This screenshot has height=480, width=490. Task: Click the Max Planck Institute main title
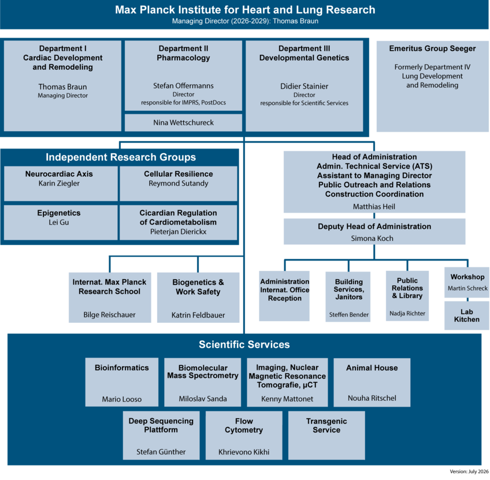[x=245, y=10]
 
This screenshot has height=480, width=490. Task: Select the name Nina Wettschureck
[x=183, y=122]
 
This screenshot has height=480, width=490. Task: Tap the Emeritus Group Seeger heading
[x=432, y=49]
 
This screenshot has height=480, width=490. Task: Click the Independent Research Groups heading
[x=121, y=157]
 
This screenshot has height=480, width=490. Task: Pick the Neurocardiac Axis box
[x=61, y=184]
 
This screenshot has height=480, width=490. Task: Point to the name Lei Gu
[x=59, y=222]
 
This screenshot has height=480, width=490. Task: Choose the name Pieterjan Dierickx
[x=178, y=232]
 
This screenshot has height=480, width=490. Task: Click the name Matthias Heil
[x=374, y=206]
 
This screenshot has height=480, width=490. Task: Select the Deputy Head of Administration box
[x=374, y=232]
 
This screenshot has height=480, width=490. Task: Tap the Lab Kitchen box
[x=466, y=315]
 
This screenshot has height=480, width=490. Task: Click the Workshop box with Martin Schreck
[x=467, y=282]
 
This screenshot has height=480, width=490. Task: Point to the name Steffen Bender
[x=349, y=315]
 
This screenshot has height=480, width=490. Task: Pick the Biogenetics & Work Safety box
[x=198, y=297]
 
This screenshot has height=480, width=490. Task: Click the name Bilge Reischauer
[x=109, y=315]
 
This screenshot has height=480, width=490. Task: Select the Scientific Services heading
[x=244, y=344]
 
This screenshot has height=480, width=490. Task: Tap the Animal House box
[x=372, y=382]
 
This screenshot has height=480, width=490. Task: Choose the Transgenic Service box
[x=326, y=436]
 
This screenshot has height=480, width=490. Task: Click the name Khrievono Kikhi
[x=244, y=452]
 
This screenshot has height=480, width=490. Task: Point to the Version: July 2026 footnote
[x=469, y=471]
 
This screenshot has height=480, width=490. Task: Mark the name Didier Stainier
[x=304, y=86]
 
